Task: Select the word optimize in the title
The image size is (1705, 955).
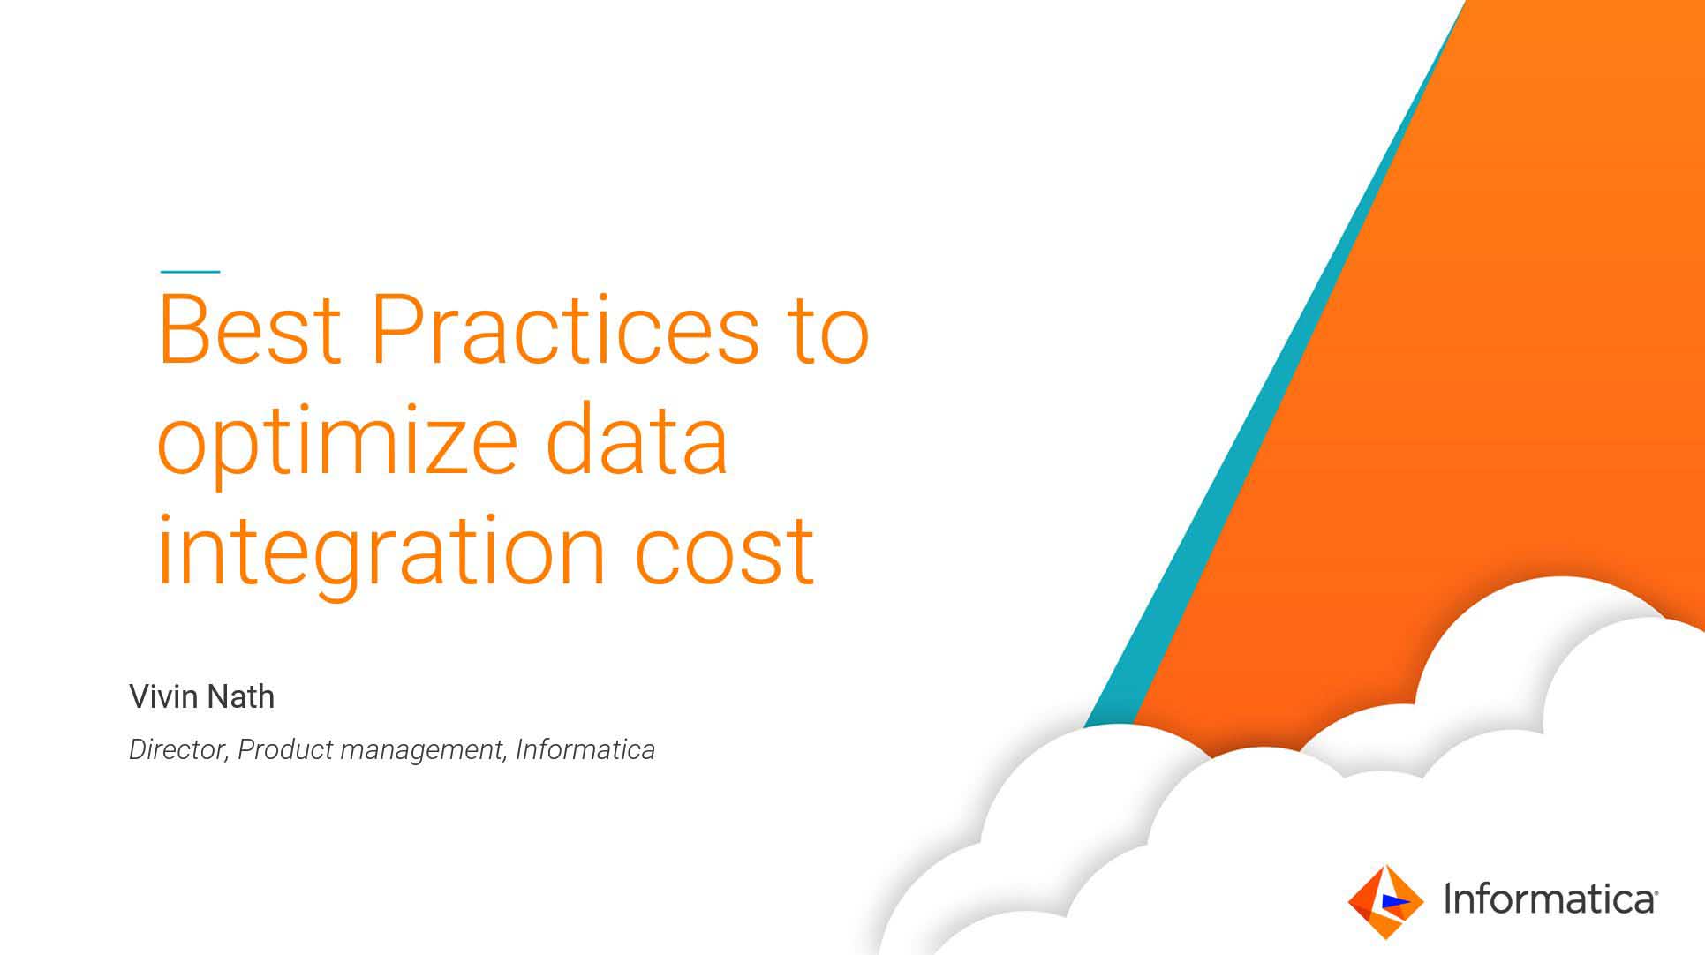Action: pyautogui.click(x=336, y=445)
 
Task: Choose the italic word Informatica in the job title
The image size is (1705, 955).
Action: pyautogui.click(x=585, y=749)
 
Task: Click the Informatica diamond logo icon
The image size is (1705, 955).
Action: pyautogui.click(x=1385, y=901)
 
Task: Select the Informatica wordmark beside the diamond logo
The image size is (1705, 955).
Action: pyautogui.click(x=1550, y=899)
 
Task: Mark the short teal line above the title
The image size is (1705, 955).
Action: pyautogui.click(x=190, y=272)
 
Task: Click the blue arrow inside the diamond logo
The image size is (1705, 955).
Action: pyautogui.click(x=1394, y=900)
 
